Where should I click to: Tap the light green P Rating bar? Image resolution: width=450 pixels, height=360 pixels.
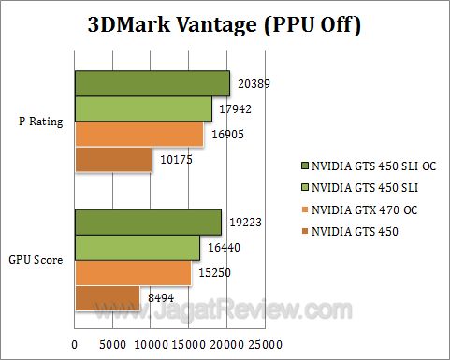click(143, 109)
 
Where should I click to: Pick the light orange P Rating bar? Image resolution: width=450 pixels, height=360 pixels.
click(138, 135)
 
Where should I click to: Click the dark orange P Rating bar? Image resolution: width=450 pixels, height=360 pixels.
click(112, 160)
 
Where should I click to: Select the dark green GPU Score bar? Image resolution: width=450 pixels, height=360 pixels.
click(148, 223)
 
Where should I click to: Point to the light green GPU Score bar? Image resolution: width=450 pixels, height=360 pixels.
click(137, 248)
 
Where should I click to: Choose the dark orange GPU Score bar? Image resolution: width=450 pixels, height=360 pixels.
click(107, 298)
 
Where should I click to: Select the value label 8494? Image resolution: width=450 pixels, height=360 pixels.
click(157, 298)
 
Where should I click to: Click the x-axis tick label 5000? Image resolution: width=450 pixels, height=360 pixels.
click(113, 344)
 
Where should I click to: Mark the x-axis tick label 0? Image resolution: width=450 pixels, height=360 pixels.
click(75, 344)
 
